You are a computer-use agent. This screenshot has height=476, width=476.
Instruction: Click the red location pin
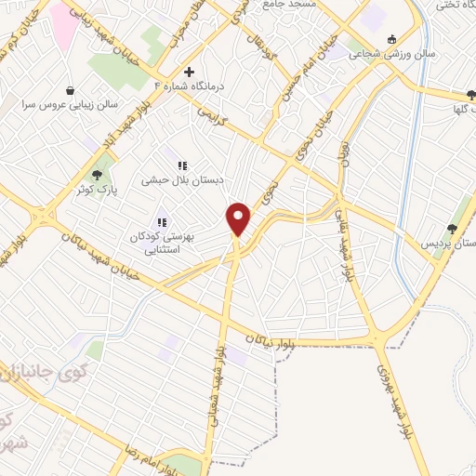[239, 218]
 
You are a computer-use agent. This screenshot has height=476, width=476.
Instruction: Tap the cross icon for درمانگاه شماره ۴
[189, 72]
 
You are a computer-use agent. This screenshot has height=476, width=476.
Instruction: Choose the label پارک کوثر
[95, 191]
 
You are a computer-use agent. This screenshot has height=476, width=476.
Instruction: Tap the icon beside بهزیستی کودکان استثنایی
[161, 222]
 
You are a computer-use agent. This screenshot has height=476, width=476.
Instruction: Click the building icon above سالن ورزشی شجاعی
[391, 38]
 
